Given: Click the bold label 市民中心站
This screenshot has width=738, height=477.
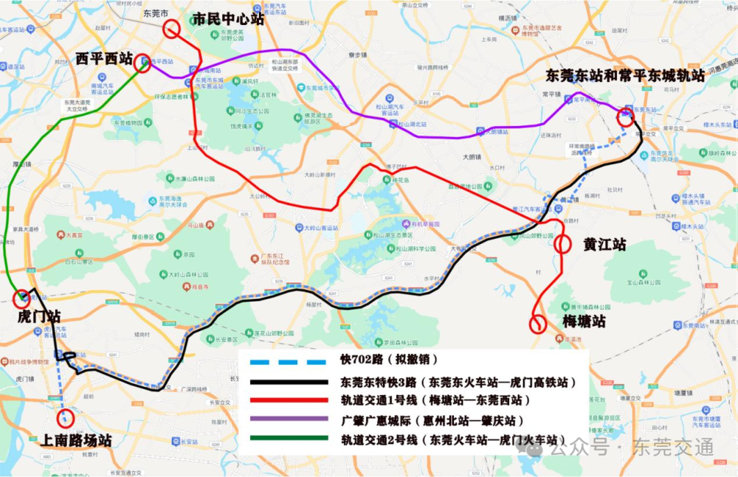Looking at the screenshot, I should tap(227, 19).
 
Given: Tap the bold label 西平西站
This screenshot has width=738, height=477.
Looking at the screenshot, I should tap(104, 58).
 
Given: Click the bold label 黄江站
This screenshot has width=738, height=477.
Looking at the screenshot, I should tap(604, 244).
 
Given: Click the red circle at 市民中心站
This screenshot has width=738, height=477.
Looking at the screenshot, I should tap(172, 29).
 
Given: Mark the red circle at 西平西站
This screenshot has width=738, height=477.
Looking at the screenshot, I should tap(142, 63).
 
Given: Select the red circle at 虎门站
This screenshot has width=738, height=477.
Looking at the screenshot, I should tap(21, 298).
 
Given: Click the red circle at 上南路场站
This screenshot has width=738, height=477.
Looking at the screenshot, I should tap(66, 417).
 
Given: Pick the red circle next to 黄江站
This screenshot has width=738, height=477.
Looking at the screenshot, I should tap(562, 244).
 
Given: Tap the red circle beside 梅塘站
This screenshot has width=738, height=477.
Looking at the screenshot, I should tap(539, 324).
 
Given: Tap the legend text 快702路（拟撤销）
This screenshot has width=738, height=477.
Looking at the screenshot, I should tap(389, 361).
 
